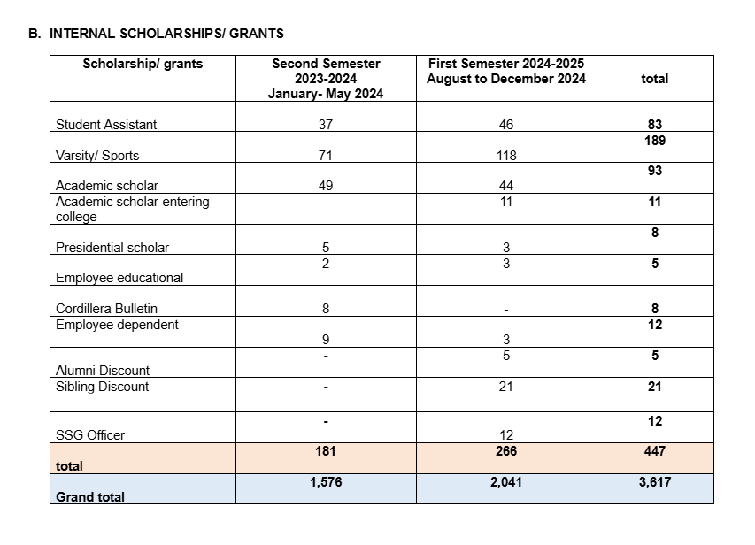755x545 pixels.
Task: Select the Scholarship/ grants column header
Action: point(143,64)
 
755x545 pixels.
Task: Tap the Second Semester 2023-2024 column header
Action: point(326,79)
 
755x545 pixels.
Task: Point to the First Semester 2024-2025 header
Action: point(505,71)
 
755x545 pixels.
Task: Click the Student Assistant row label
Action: point(106,125)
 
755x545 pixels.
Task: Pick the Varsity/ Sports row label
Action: point(97,156)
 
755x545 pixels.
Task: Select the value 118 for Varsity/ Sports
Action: point(505,156)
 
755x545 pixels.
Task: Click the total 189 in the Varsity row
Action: point(655,140)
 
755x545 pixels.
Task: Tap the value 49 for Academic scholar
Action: point(326,186)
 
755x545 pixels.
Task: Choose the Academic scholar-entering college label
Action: point(132,209)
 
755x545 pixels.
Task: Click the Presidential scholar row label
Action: point(112,248)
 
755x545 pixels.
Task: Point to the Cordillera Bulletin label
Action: point(106,309)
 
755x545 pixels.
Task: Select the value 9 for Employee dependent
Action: point(326,340)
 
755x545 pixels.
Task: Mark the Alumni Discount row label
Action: point(103,371)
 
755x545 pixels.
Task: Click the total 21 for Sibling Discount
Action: point(655,387)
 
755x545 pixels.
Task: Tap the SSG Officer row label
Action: point(90,435)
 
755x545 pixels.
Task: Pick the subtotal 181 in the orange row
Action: point(326,451)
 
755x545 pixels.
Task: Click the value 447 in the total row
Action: point(655,451)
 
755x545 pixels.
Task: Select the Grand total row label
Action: point(90,496)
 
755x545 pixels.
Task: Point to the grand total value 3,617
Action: point(655,482)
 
